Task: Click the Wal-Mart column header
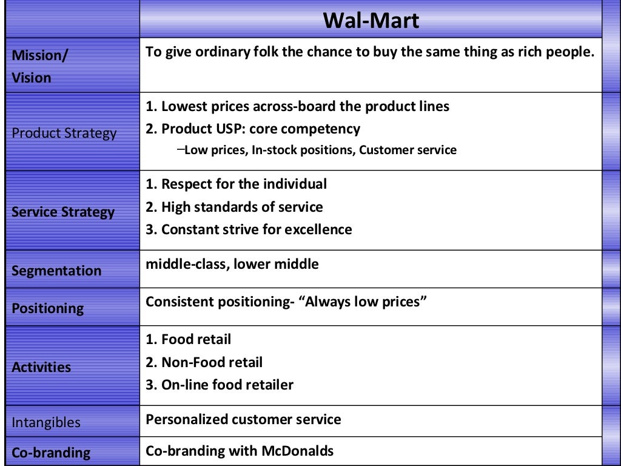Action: point(371,21)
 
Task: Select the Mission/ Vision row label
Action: point(40,66)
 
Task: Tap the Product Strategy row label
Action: point(64,133)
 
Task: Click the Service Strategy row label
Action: point(63,212)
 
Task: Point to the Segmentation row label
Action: point(56,271)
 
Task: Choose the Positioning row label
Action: point(48,308)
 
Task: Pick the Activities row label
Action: point(41,367)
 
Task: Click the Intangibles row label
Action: point(46,422)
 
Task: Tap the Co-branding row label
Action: point(51,453)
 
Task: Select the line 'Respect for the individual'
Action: point(237,184)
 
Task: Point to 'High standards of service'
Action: point(234,207)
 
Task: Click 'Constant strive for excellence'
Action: point(249,229)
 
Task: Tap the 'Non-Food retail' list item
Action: point(204,362)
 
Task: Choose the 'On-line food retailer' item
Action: point(220,385)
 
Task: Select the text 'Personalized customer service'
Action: point(243,419)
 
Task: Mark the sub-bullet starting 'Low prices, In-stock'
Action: point(320,150)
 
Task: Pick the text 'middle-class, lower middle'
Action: point(232,264)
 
